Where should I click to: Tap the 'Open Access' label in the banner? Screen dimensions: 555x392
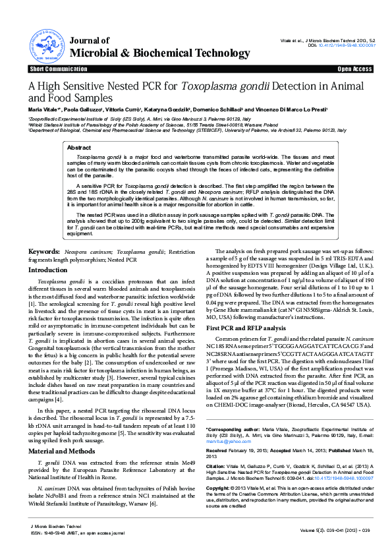[x=356, y=69]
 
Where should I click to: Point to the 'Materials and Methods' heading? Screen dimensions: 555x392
[x=63, y=432]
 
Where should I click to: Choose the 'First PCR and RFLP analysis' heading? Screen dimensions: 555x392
[x=246, y=327]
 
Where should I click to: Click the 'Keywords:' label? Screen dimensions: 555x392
[x=44, y=252]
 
